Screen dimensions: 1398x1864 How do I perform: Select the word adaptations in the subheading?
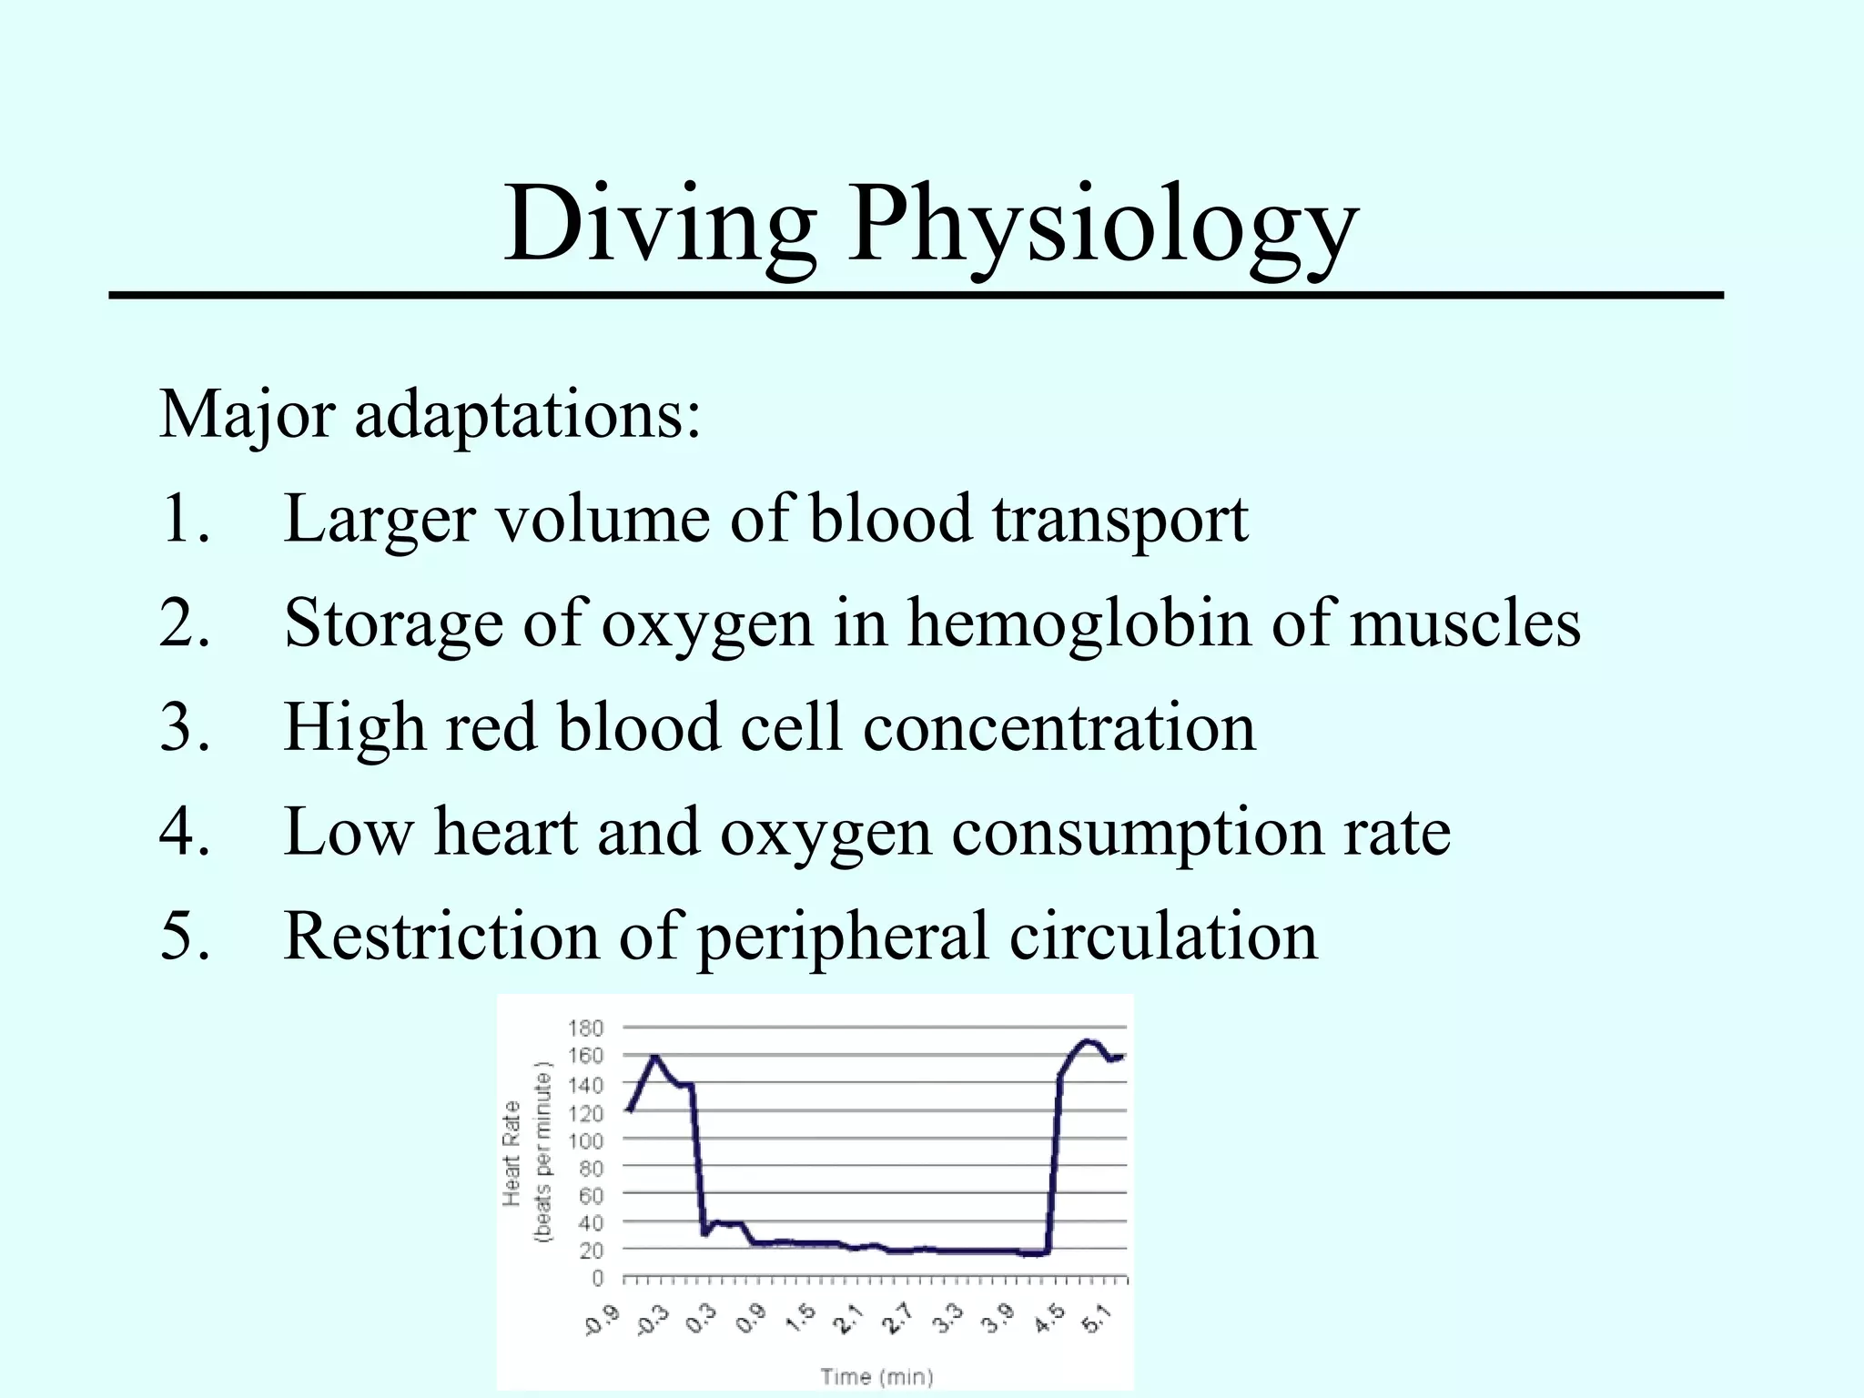click(527, 415)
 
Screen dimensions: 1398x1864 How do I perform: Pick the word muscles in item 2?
click(1464, 623)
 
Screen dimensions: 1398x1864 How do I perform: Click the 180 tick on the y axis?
click(585, 1028)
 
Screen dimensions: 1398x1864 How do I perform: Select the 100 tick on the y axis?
click(585, 1140)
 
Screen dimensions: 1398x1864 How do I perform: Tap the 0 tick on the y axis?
click(598, 1279)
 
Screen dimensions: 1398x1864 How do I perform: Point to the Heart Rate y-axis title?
click(512, 1154)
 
